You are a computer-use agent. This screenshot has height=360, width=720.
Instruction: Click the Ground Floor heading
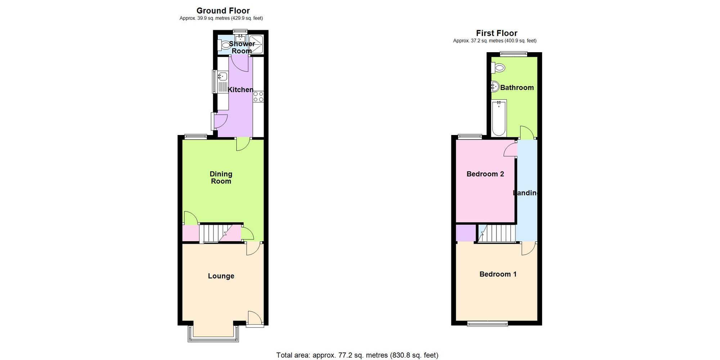[x=223, y=11]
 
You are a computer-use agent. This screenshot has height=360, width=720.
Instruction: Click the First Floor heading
[x=496, y=33]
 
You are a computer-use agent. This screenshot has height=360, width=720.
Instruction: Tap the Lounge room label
[x=221, y=276]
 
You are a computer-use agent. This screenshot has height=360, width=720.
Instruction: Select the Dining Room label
[x=221, y=177]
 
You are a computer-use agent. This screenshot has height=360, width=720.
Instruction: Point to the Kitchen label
[x=240, y=90]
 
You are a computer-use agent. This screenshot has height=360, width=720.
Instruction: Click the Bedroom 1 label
[x=498, y=274]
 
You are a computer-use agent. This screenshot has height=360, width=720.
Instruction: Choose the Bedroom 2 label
[x=485, y=174]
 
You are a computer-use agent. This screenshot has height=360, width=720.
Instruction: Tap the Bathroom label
[x=517, y=87]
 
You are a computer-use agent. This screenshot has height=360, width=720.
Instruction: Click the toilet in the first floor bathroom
[x=499, y=67]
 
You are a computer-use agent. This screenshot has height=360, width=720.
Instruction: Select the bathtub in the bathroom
[x=499, y=118]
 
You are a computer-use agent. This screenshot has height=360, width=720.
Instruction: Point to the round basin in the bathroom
[x=495, y=86]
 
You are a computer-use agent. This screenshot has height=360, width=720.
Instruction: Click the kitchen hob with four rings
[x=258, y=96]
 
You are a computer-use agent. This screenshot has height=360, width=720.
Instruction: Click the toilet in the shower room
[x=225, y=46]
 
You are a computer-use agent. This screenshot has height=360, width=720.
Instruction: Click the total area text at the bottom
[x=357, y=355]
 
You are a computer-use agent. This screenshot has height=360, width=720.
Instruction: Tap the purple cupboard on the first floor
[x=465, y=233]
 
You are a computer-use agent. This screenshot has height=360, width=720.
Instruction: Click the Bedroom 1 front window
[x=487, y=324]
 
